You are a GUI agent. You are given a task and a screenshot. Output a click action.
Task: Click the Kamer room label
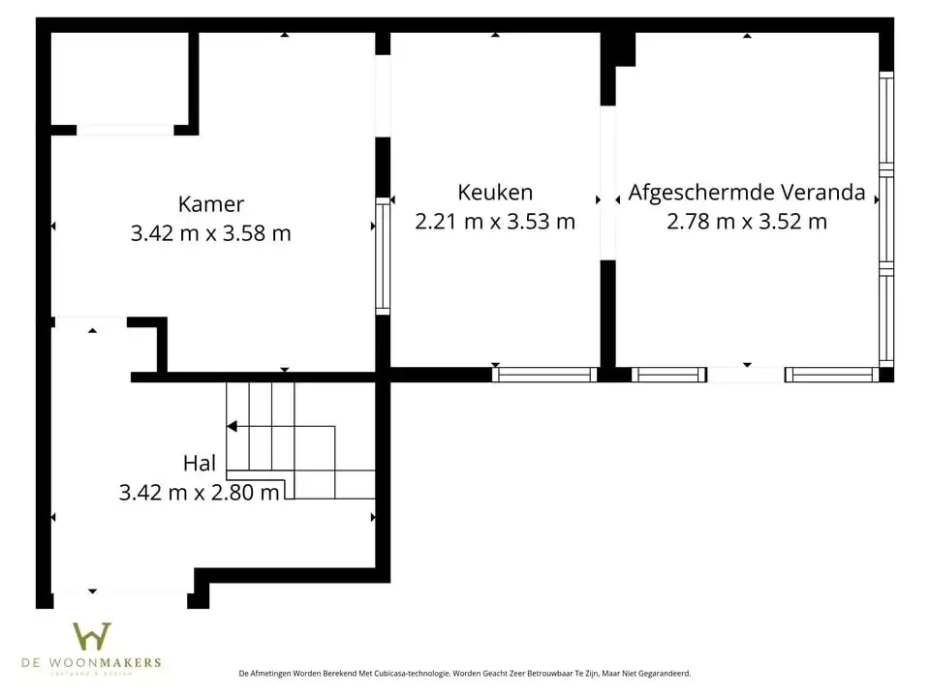(x=211, y=204)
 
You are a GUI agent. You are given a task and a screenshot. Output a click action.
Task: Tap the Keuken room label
(x=495, y=193)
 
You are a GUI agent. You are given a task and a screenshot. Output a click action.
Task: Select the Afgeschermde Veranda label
(x=747, y=193)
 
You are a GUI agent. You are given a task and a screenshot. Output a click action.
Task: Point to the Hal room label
(x=200, y=464)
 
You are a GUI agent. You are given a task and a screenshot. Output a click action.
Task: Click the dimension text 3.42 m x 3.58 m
(x=211, y=233)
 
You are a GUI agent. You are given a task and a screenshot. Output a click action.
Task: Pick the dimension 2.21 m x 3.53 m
(x=495, y=222)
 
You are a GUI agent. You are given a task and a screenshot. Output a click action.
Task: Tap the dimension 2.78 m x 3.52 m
(x=747, y=222)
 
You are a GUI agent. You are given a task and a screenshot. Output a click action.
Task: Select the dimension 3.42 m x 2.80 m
(x=200, y=493)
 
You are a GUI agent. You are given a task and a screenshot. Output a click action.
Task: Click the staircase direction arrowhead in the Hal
(x=232, y=426)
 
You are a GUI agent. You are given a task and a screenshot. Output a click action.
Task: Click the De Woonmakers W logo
(x=92, y=636)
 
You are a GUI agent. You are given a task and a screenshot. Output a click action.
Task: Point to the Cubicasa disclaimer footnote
(x=465, y=672)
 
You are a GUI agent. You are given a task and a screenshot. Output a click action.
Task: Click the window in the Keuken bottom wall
(x=544, y=375)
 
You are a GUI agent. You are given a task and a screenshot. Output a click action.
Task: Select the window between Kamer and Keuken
(x=383, y=257)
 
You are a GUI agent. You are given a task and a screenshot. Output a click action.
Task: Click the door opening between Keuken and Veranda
(x=607, y=182)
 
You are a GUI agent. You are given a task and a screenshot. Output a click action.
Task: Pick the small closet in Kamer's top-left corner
(x=119, y=79)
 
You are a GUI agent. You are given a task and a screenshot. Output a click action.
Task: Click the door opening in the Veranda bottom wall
(x=746, y=375)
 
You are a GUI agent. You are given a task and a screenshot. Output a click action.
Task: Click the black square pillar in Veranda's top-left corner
(x=623, y=49)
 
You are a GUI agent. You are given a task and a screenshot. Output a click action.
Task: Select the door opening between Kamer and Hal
(x=90, y=318)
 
